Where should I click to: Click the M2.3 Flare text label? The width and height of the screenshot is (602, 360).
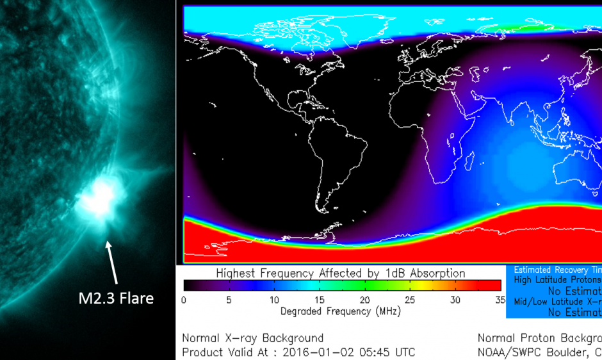click(x=116, y=298)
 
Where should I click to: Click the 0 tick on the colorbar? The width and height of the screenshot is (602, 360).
click(x=184, y=300)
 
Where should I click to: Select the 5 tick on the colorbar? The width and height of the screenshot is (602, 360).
click(x=229, y=300)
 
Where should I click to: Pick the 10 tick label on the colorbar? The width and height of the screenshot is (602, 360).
click(x=275, y=300)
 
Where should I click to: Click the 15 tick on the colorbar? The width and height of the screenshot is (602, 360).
click(x=320, y=300)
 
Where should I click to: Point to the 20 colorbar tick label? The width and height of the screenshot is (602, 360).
click(x=365, y=300)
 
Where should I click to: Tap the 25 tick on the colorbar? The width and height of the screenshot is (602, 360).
click(x=411, y=300)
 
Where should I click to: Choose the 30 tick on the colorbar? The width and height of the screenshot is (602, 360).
click(x=455, y=300)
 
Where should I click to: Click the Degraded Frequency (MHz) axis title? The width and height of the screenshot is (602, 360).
click(x=341, y=312)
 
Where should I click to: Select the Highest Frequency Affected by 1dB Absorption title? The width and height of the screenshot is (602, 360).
click(x=341, y=274)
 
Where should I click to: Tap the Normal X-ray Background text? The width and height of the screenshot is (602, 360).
click(x=253, y=338)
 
